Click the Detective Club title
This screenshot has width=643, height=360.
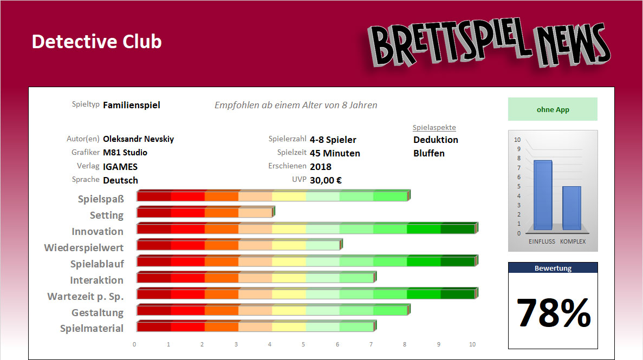96,42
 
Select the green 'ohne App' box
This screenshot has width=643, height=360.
553,109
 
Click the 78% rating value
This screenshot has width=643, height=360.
553,313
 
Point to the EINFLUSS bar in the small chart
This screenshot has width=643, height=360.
542,195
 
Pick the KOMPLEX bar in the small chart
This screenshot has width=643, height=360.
571,208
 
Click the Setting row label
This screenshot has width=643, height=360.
107,215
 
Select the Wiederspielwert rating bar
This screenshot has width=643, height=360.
239,245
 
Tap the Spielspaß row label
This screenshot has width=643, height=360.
101,199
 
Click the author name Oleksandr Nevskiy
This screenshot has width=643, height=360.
138,139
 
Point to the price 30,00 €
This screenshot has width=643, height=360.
326,180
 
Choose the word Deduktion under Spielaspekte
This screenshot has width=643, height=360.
436,140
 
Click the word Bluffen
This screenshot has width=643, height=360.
428,153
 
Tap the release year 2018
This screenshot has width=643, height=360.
321,167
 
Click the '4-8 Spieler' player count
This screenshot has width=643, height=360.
333,140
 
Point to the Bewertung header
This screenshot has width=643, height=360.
553,268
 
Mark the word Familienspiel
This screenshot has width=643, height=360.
131,105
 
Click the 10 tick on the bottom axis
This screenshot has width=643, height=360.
472,344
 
